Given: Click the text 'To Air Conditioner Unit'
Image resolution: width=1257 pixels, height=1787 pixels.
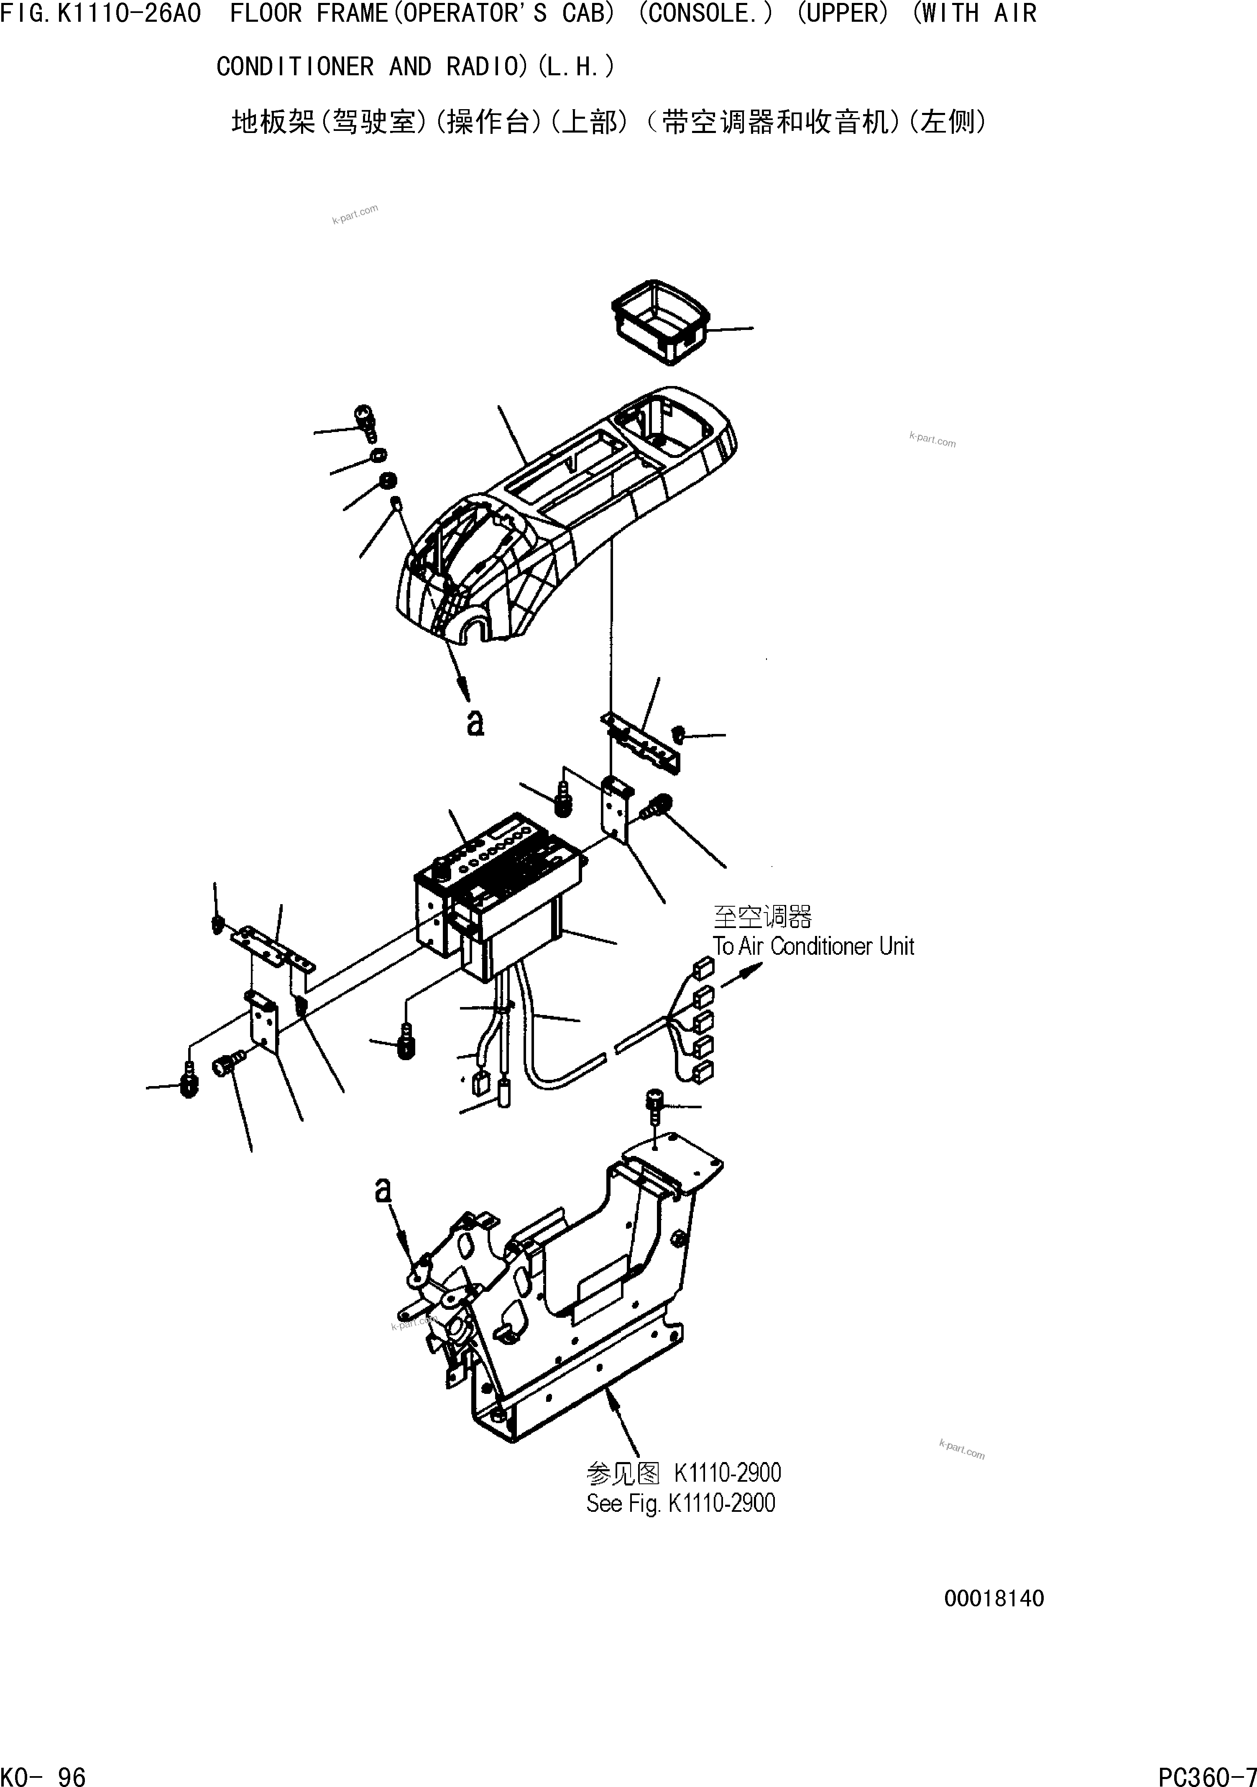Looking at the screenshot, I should [813, 946].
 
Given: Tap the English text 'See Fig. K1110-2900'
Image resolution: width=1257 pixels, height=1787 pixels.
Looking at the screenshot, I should [680, 1503].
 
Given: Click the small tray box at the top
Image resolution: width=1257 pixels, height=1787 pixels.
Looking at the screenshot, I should [660, 321].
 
